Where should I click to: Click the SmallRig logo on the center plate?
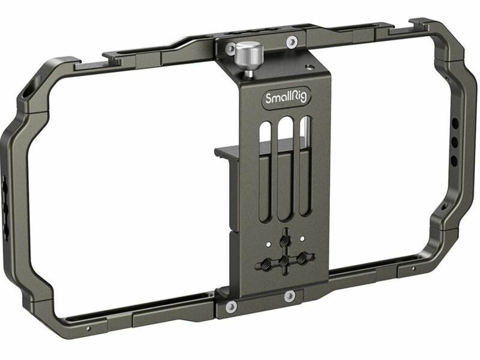tap(286, 98)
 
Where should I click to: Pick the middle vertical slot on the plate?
tap(284, 169)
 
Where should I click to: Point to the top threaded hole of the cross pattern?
tap(285, 241)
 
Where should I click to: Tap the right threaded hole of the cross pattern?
tap(302, 257)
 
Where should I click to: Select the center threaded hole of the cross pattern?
tap(285, 260)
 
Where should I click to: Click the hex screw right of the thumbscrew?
tap(292, 41)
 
